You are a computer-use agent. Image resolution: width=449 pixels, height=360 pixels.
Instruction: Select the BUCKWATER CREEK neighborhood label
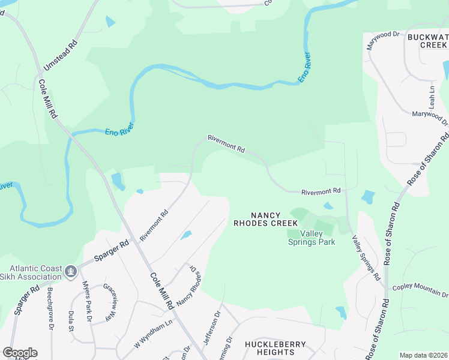428,41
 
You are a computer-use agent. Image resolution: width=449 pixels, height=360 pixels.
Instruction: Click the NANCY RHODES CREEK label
265,219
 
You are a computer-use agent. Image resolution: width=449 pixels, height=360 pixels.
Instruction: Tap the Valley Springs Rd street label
366,258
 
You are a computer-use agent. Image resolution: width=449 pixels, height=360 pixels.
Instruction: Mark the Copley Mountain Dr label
420,290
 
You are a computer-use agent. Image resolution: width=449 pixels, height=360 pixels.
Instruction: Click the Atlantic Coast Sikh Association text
34,272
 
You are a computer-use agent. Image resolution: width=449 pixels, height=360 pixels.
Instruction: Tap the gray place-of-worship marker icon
71,272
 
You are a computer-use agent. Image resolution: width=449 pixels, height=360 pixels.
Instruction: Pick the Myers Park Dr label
86,302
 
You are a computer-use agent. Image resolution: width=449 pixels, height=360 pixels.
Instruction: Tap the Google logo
20,353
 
